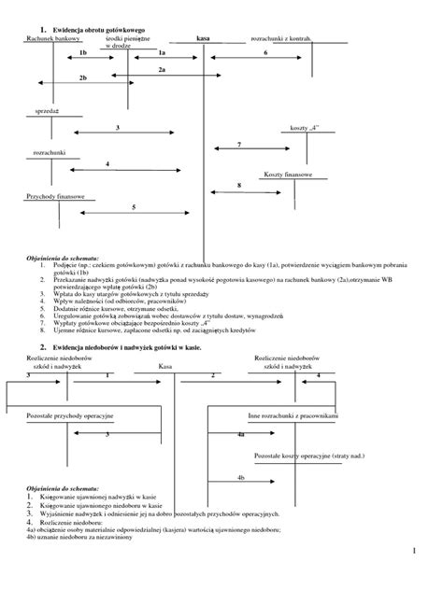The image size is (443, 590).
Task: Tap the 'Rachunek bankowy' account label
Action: (x=53, y=39)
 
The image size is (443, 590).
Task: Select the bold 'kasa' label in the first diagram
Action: (x=204, y=39)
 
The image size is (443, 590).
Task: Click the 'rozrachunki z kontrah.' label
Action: (x=281, y=39)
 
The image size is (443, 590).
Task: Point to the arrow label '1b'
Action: (x=81, y=54)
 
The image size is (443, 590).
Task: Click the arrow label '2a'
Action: (x=162, y=70)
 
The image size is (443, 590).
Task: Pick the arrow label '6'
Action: (x=265, y=53)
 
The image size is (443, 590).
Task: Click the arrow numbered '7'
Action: (x=239, y=144)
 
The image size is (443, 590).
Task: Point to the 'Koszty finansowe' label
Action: (x=293, y=176)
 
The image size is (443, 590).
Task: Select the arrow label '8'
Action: (x=239, y=186)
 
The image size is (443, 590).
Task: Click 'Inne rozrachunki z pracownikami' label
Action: (x=293, y=413)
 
